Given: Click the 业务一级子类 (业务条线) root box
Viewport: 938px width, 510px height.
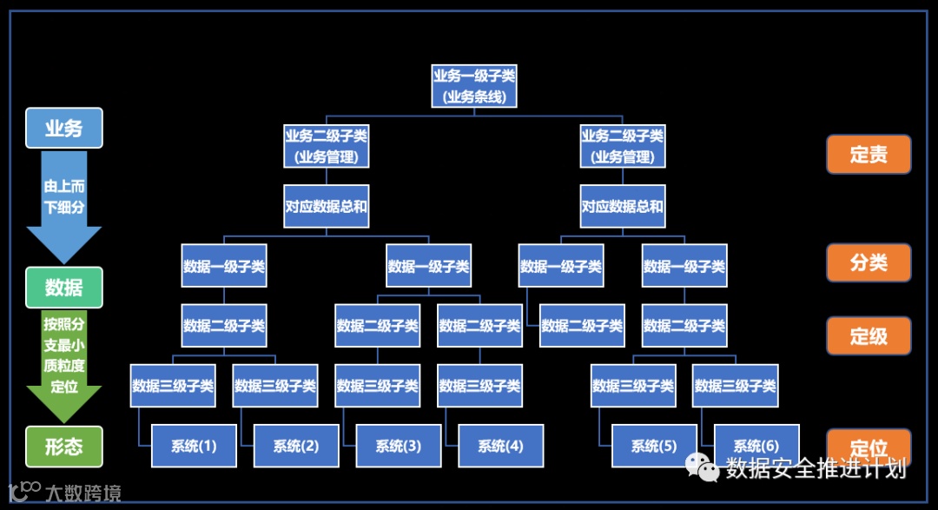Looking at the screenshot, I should pyautogui.click(x=473, y=86).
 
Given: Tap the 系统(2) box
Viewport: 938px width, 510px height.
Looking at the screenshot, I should pyautogui.click(x=296, y=446).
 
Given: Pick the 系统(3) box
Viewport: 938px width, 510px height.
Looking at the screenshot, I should pyautogui.click(x=399, y=446).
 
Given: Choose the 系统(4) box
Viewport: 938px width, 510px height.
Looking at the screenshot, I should pyautogui.click(x=500, y=446).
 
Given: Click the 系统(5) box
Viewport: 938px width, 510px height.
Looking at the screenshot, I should pyautogui.click(x=654, y=446).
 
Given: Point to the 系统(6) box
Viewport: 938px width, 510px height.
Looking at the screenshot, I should pyautogui.click(x=756, y=446).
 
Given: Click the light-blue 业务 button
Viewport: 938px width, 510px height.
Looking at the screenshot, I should pyautogui.click(x=64, y=129).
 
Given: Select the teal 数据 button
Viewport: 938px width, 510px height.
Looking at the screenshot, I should pyautogui.click(x=64, y=288).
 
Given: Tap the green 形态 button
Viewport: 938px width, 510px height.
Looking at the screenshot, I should pyautogui.click(x=64, y=447).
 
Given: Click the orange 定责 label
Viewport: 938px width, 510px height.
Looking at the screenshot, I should pyautogui.click(x=869, y=155).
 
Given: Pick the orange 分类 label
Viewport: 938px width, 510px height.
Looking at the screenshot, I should pyautogui.click(x=869, y=262).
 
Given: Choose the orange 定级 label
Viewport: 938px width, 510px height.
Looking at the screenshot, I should pyautogui.click(x=869, y=335).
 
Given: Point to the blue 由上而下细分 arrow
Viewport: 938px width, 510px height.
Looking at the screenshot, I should pyautogui.click(x=64, y=205).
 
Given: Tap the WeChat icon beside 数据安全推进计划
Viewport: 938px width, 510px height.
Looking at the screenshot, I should pyautogui.click(x=703, y=468).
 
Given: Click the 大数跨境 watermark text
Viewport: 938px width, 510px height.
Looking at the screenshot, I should pyautogui.click(x=83, y=493).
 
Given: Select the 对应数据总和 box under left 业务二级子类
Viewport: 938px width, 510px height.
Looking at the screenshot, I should pyautogui.click(x=327, y=207).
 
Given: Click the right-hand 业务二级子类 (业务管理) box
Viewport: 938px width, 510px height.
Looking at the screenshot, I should pyautogui.click(x=622, y=146).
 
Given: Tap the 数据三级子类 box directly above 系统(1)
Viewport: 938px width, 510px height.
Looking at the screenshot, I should pyautogui.click(x=173, y=386).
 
